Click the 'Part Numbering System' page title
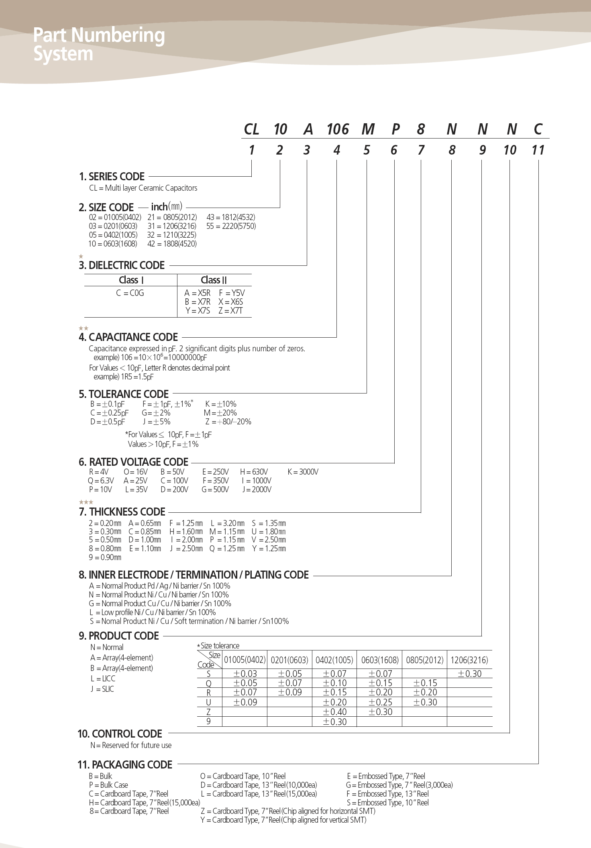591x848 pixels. (99, 44)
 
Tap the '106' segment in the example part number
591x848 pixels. (338, 129)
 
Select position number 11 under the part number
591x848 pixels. (538, 150)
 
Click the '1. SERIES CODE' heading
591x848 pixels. (112, 177)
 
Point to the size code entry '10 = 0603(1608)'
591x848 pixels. (112, 244)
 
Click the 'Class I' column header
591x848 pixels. (131, 280)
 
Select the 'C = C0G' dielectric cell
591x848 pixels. (130, 293)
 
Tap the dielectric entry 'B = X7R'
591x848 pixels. (198, 302)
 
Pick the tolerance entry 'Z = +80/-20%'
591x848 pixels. (228, 422)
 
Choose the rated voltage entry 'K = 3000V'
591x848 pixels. (303, 472)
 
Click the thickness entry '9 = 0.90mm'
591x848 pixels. (105, 557)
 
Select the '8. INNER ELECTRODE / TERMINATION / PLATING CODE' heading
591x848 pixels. (194, 575)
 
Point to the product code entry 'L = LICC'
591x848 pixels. (103, 679)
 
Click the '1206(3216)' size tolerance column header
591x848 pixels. (469, 660)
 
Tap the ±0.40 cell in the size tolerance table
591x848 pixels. (334, 712)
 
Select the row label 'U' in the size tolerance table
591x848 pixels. (208, 702)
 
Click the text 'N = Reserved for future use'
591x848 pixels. (131, 745)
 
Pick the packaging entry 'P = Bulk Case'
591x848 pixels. (108, 785)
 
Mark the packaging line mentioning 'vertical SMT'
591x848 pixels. (283, 820)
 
